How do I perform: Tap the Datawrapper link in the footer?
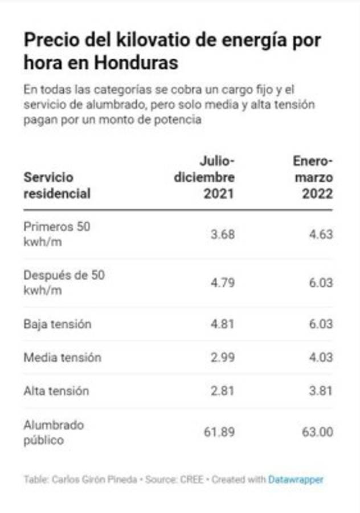(296, 479)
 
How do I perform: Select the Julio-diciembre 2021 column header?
(204, 177)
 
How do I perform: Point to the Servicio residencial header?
(57, 185)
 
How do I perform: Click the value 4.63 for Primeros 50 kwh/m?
(321, 234)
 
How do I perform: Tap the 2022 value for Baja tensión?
(321, 324)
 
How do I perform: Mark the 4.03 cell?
(321, 357)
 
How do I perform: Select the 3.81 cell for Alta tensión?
(321, 391)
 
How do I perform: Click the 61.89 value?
(219, 432)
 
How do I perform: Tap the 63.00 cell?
(317, 432)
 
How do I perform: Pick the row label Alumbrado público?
(54, 433)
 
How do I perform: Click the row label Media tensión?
(62, 357)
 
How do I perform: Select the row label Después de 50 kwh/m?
(64, 283)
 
